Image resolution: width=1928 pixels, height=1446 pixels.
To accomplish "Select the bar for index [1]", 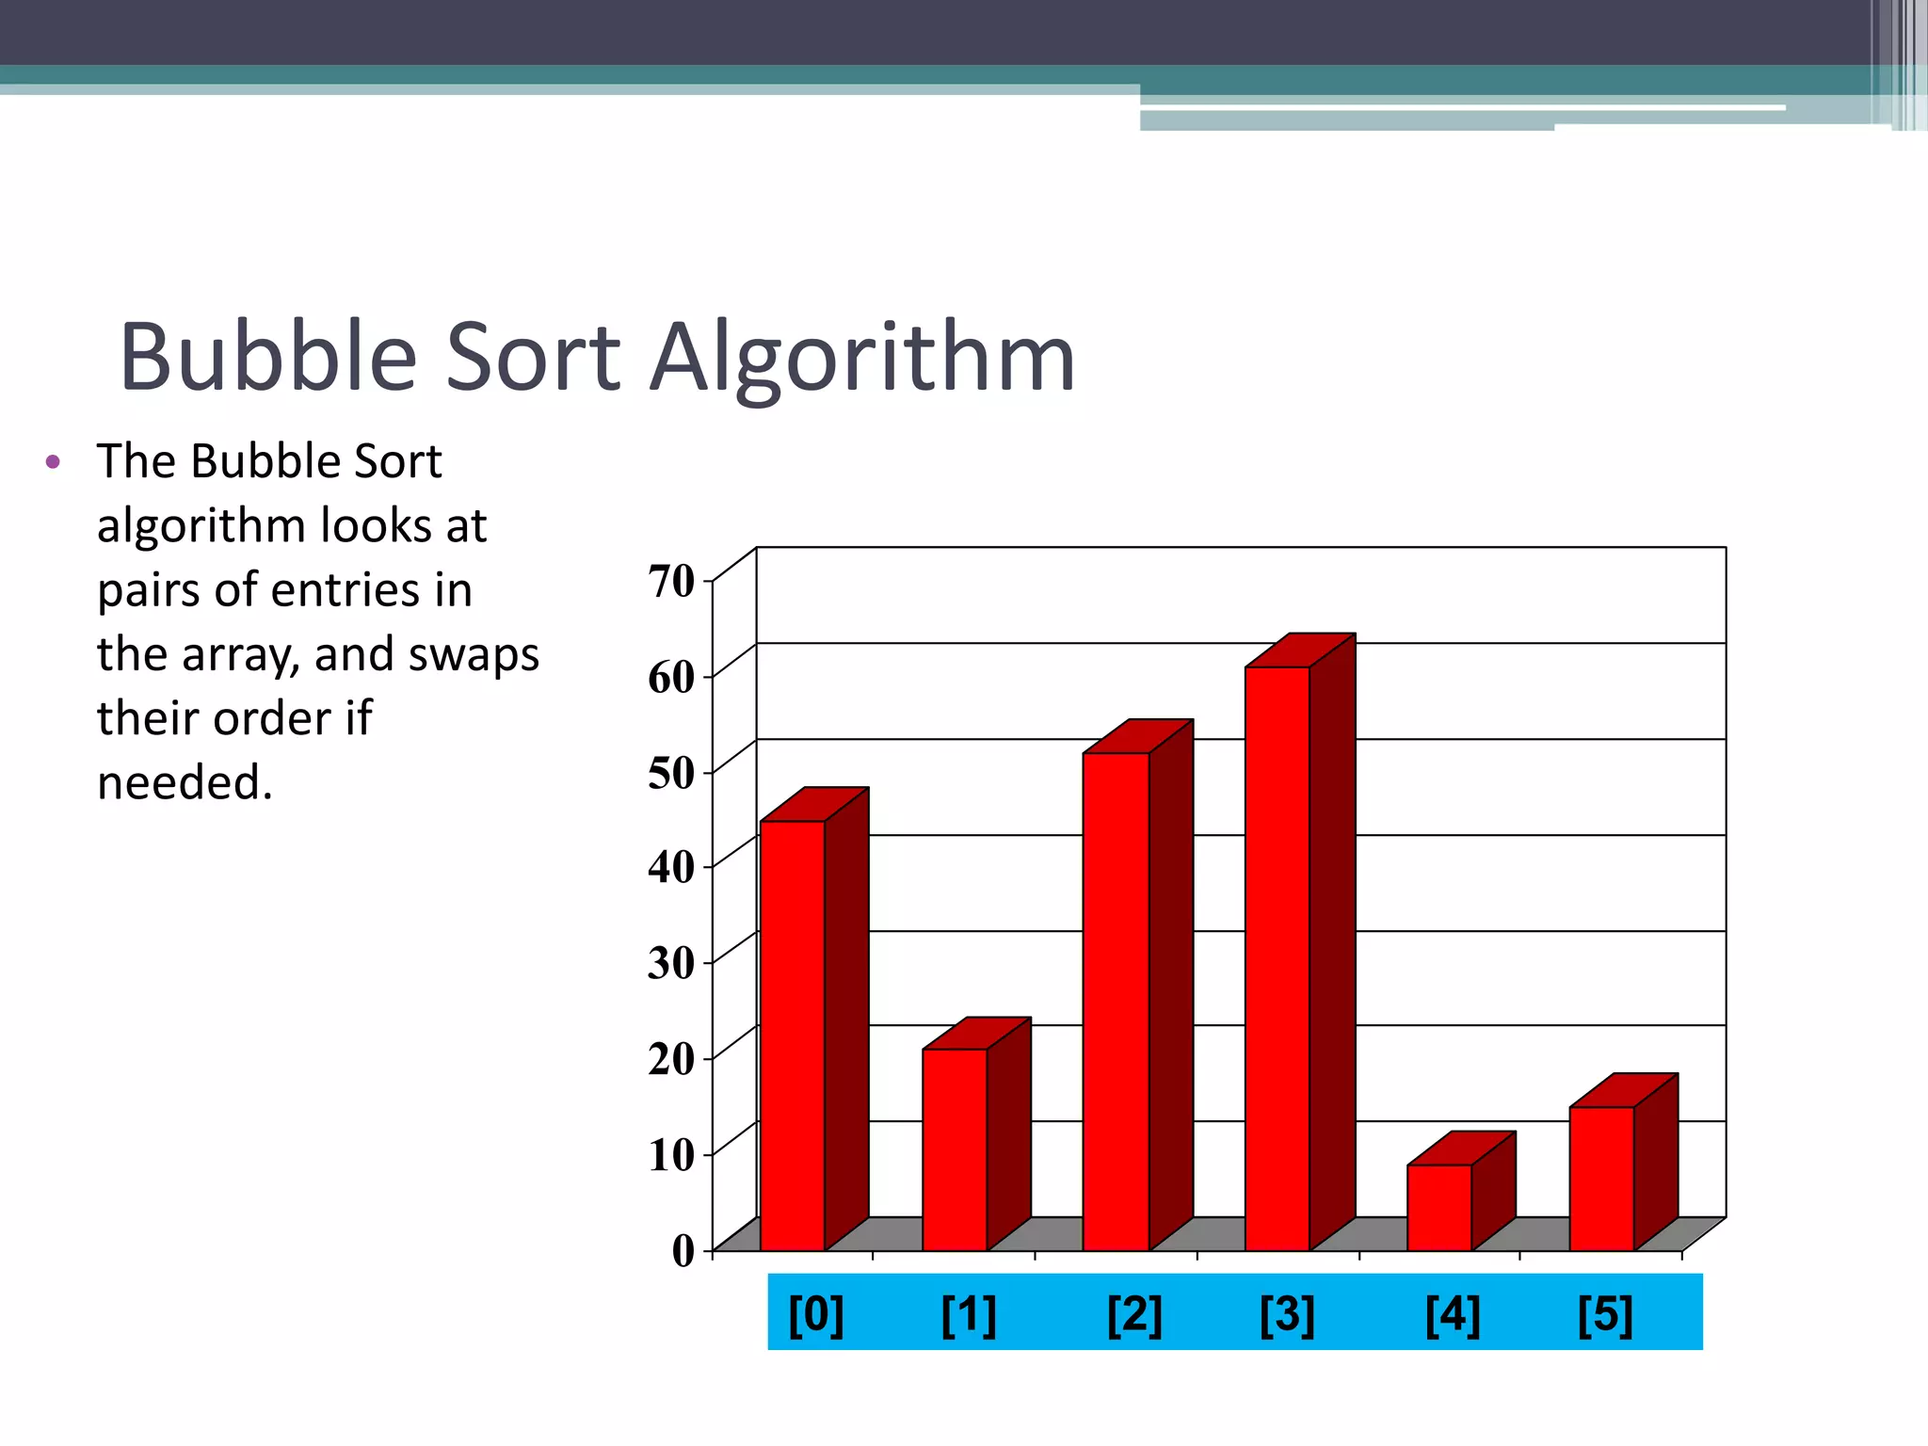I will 955,1149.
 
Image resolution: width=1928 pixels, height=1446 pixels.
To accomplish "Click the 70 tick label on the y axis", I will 671,581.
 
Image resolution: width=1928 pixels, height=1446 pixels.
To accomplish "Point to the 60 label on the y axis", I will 671,677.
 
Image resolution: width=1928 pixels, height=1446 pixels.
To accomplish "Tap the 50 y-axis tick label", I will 671,773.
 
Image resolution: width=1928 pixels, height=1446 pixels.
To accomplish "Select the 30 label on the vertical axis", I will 671,963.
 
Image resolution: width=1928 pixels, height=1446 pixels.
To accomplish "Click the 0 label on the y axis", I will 683,1250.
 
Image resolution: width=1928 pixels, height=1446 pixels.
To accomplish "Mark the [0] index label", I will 816,1314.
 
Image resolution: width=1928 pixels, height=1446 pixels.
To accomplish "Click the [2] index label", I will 1134,1314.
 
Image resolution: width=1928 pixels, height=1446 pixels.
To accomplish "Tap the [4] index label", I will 1453,1314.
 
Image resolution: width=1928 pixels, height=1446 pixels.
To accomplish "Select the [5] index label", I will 1605,1314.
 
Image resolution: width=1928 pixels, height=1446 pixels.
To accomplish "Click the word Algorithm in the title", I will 863,358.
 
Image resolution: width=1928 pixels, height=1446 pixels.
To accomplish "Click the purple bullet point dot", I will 53,462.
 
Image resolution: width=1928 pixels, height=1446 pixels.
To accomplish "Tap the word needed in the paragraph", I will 185,782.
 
